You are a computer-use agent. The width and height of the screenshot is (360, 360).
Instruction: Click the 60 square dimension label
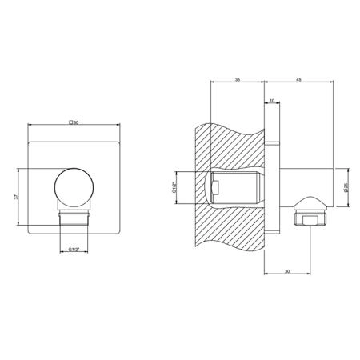click(74, 122)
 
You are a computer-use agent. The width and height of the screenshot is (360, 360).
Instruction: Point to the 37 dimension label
click(16, 197)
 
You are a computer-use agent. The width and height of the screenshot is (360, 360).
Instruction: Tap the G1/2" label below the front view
click(74, 250)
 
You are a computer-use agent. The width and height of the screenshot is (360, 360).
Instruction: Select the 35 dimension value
click(237, 79)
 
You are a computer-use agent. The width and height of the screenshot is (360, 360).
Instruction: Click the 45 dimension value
click(298, 79)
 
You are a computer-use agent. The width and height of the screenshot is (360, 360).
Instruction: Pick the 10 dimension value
click(272, 101)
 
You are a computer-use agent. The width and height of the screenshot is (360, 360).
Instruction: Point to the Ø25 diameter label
click(346, 187)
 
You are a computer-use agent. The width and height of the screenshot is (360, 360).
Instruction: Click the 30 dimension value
click(287, 271)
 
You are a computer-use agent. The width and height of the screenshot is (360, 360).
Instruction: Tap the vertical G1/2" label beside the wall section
click(174, 187)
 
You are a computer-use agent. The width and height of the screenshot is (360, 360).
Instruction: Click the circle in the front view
click(74, 187)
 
